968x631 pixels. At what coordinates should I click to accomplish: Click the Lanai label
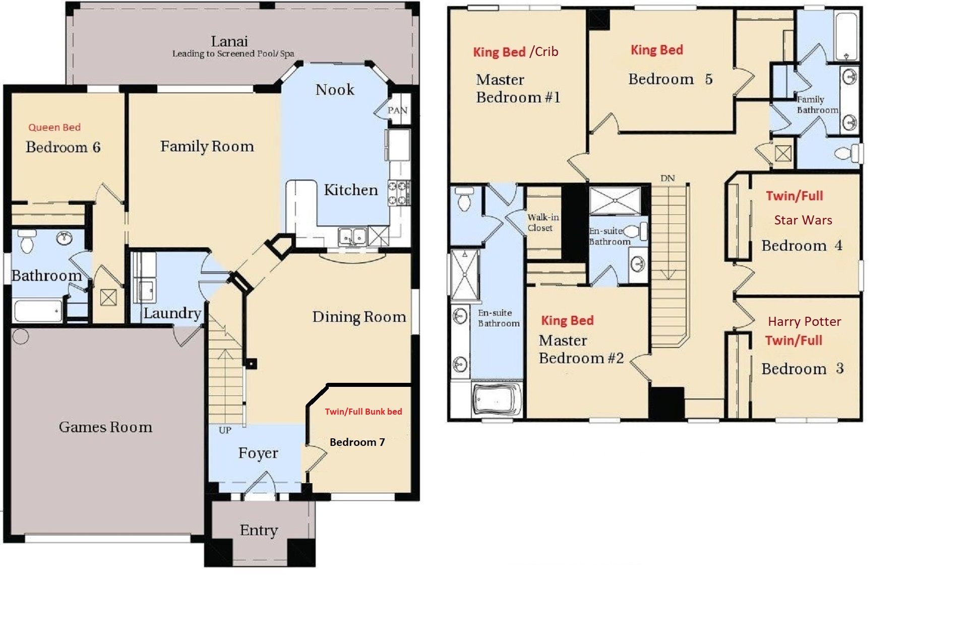(x=229, y=41)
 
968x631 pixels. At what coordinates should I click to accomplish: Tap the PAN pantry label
(x=397, y=110)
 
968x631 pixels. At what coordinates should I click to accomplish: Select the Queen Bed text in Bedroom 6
(x=54, y=127)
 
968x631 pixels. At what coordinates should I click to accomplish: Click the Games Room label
(x=105, y=427)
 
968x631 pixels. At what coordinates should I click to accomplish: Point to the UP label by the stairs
(x=225, y=430)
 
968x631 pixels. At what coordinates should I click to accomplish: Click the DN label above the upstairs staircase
(x=667, y=179)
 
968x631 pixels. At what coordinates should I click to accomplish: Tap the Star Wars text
(x=803, y=220)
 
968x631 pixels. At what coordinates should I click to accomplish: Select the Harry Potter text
(x=804, y=322)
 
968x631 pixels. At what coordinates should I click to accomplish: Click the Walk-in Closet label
(x=542, y=222)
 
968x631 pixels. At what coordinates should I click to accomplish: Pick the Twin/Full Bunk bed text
(x=363, y=412)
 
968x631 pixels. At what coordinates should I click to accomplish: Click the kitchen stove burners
(x=398, y=194)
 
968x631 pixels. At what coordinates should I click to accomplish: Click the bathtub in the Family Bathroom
(x=845, y=36)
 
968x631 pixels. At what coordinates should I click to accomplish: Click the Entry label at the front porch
(x=259, y=530)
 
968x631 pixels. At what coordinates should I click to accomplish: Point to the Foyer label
(x=258, y=453)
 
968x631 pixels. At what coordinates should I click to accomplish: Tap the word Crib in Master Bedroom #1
(x=547, y=51)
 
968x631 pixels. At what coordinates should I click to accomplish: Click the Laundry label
(x=172, y=313)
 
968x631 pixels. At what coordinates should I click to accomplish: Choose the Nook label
(x=335, y=90)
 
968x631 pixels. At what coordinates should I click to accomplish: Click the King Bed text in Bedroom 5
(x=656, y=50)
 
